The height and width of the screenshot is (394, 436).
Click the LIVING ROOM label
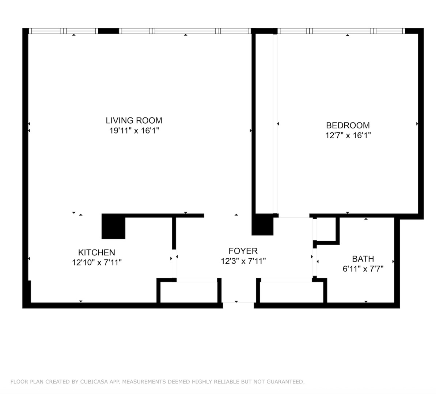pyautogui.click(x=134, y=120)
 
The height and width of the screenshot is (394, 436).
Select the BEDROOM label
pyautogui.click(x=348, y=125)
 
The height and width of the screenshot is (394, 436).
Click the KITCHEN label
pyautogui.click(x=96, y=252)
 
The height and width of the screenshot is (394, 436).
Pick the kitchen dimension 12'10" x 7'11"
pyautogui.click(x=96, y=262)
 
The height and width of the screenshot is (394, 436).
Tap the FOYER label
pyautogui.click(x=243, y=251)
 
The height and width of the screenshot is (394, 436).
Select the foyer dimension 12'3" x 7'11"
pyautogui.click(x=243, y=261)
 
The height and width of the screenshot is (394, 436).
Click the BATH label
pyautogui.click(x=363, y=259)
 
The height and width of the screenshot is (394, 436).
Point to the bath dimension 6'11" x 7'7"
pyautogui.click(x=363, y=269)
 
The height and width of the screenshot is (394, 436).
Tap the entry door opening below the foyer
pyautogui.click(x=238, y=302)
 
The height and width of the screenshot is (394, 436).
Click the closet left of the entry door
pyautogui.click(x=189, y=292)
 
